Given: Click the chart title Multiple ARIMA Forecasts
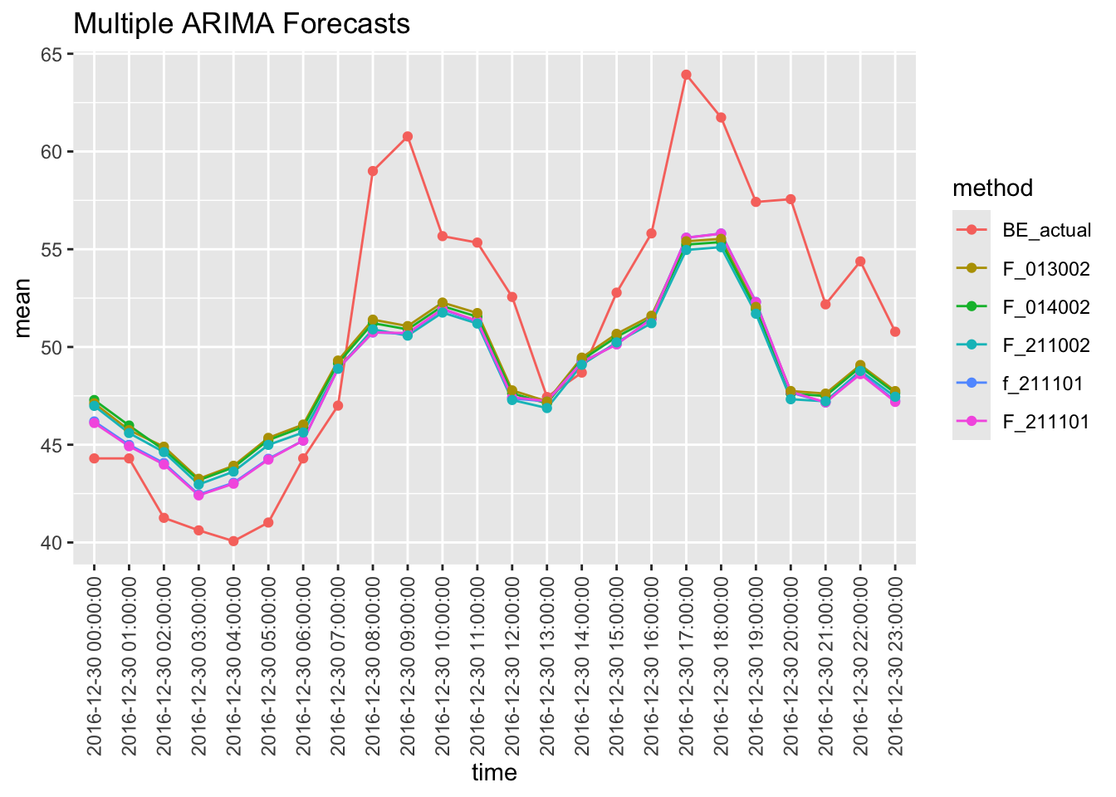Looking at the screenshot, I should click(x=242, y=24).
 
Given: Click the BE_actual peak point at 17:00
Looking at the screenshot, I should click(x=687, y=75).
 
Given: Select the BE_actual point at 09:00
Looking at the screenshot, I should click(x=408, y=136).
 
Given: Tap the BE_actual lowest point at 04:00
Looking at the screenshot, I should click(x=233, y=541).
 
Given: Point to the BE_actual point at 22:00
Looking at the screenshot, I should click(x=860, y=262).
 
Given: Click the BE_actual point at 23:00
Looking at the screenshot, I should click(x=895, y=331).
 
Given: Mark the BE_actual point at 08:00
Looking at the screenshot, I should click(x=373, y=171).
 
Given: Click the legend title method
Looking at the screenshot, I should click(x=992, y=188).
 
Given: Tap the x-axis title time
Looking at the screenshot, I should click(x=494, y=773).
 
